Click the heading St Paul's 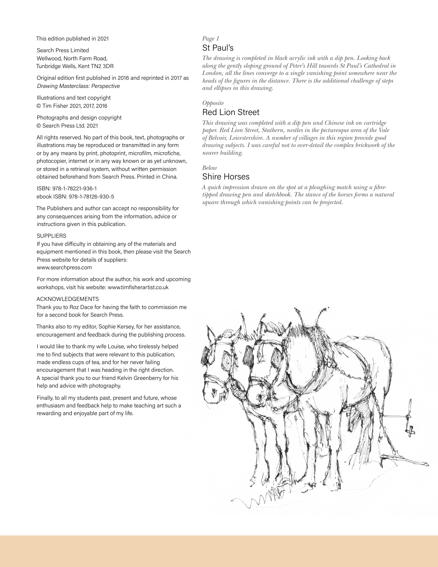[218, 48]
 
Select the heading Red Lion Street [231, 112]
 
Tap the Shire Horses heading [226, 177]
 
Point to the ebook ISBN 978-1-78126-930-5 [91, 196]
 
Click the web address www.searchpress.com [64, 267]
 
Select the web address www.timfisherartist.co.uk [138, 287]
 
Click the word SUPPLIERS [52, 236]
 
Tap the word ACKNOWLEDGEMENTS [68, 299]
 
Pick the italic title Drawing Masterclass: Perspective [78, 86]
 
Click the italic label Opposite [213, 103]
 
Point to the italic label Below [210, 168]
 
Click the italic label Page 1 [210, 38]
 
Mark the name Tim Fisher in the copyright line [56, 106]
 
